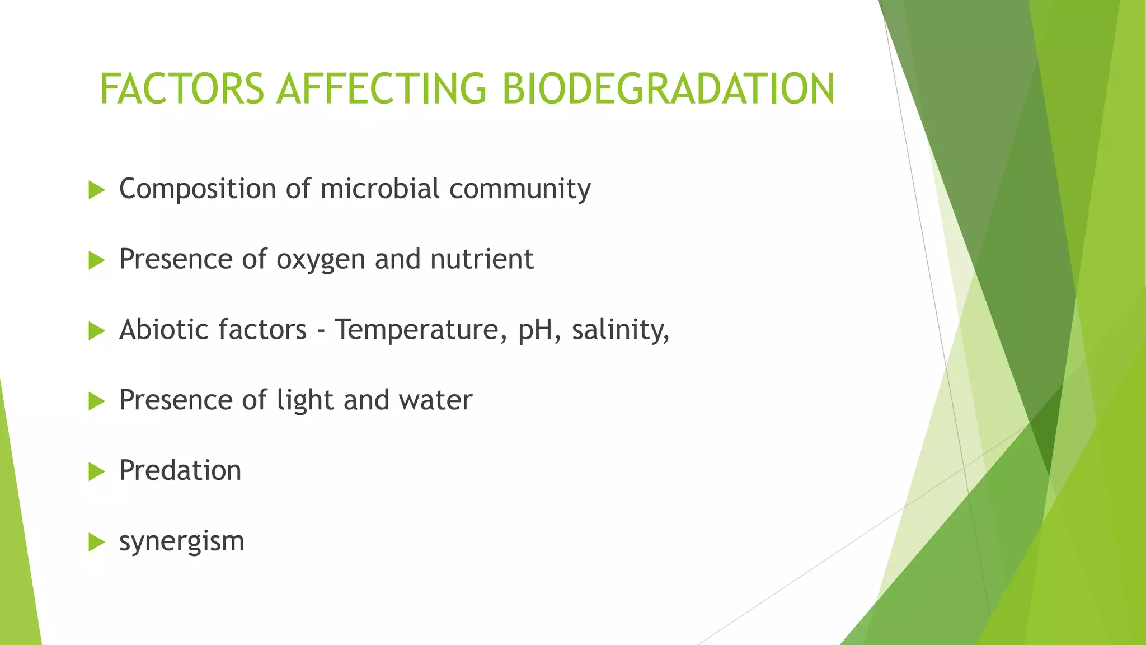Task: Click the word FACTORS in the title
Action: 181,89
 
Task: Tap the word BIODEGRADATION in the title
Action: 668,89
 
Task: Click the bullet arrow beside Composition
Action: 96,190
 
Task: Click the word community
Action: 520,189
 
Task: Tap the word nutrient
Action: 481,259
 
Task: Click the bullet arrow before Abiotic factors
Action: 96,331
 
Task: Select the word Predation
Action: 180,470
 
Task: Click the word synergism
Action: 182,542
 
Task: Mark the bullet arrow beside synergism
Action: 96,543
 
